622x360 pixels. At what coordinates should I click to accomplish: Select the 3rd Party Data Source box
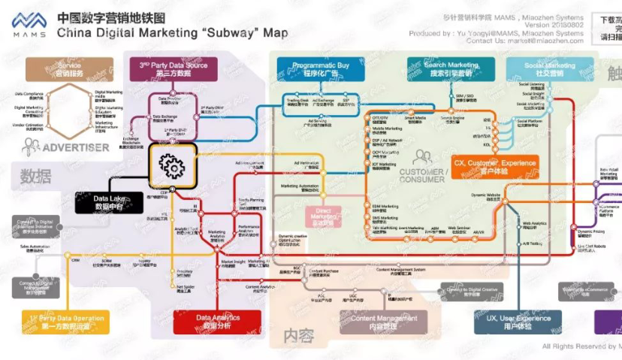point(173,69)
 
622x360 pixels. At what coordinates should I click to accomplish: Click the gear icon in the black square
point(172,166)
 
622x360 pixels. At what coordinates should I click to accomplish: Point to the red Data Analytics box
point(218,322)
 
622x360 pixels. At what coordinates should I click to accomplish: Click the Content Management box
point(384,322)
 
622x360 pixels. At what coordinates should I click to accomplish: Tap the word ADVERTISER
point(75,147)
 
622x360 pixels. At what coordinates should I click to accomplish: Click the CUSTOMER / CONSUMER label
point(422,176)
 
